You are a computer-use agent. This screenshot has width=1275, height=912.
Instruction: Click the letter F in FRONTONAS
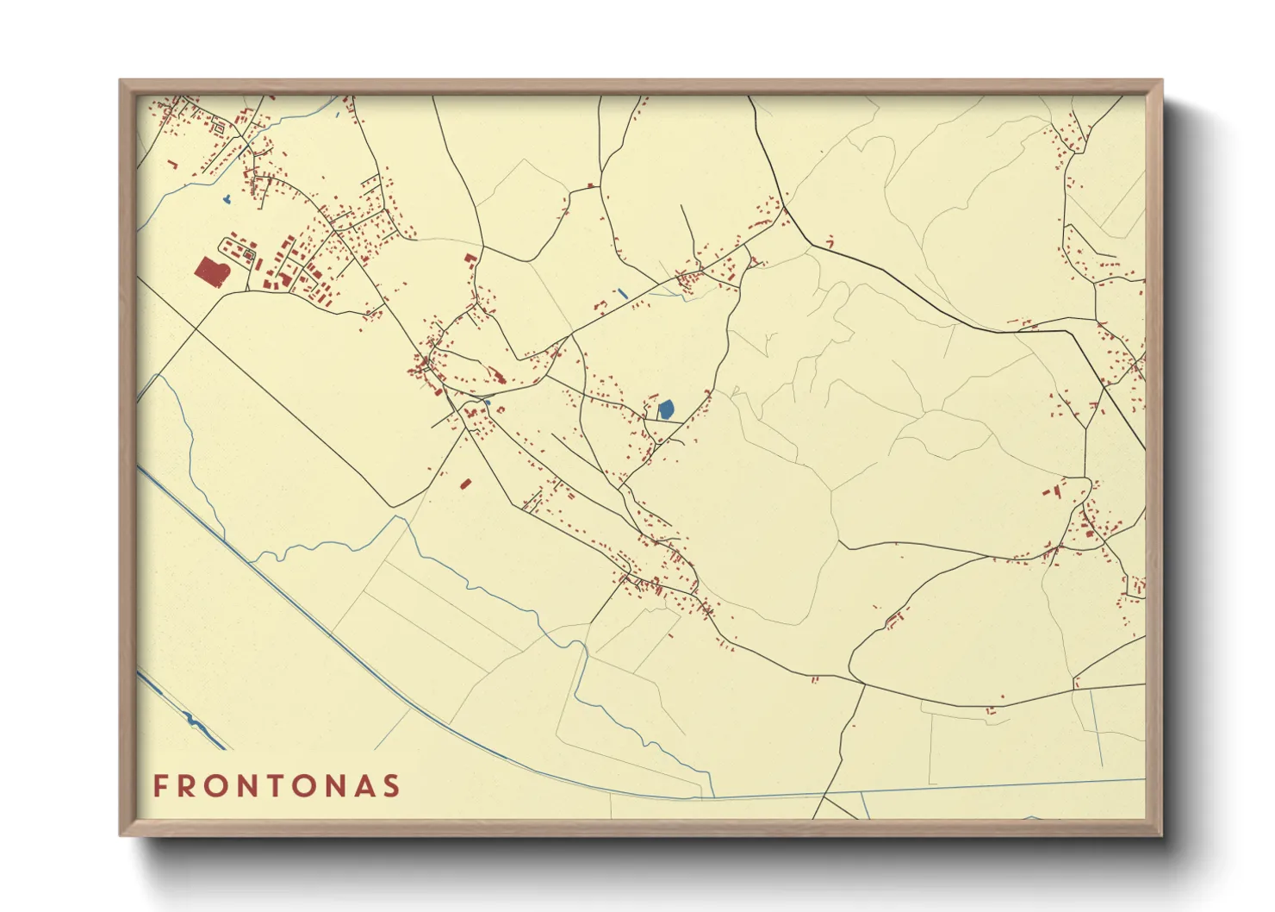click(x=160, y=786)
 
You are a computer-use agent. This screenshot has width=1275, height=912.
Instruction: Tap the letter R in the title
click(x=189, y=786)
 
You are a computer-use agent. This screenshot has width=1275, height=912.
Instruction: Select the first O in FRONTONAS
click(x=220, y=786)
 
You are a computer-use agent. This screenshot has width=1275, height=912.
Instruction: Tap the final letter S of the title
click(x=393, y=786)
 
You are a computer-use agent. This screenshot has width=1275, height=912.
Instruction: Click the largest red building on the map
click(x=210, y=272)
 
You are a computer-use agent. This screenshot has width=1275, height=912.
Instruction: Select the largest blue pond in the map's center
click(x=666, y=409)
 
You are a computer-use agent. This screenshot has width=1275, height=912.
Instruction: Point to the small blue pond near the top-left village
click(x=227, y=200)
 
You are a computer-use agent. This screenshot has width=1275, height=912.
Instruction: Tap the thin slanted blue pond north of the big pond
click(x=622, y=294)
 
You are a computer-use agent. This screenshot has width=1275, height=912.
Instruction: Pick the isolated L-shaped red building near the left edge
click(x=173, y=163)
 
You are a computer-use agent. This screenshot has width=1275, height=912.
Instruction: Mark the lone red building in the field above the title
click(x=466, y=484)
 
